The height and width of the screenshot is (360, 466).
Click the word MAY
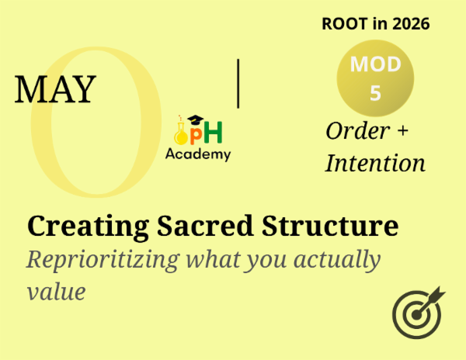point(54,89)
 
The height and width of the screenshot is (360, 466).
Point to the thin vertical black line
point(238,82)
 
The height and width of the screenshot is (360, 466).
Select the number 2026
point(410,24)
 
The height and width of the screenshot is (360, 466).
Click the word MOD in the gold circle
point(375,65)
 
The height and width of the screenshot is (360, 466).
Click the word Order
point(357,131)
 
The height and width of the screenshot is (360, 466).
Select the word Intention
point(375,163)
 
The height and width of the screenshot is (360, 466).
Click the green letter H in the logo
point(214,133)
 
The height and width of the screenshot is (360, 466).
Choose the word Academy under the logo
point(198,154)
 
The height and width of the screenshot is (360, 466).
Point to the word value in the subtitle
point(54,292)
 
